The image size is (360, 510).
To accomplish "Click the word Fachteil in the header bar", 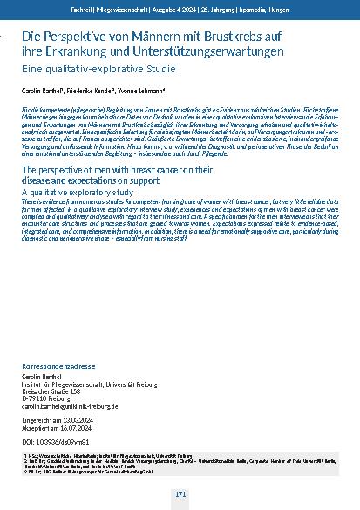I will [83, 8].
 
